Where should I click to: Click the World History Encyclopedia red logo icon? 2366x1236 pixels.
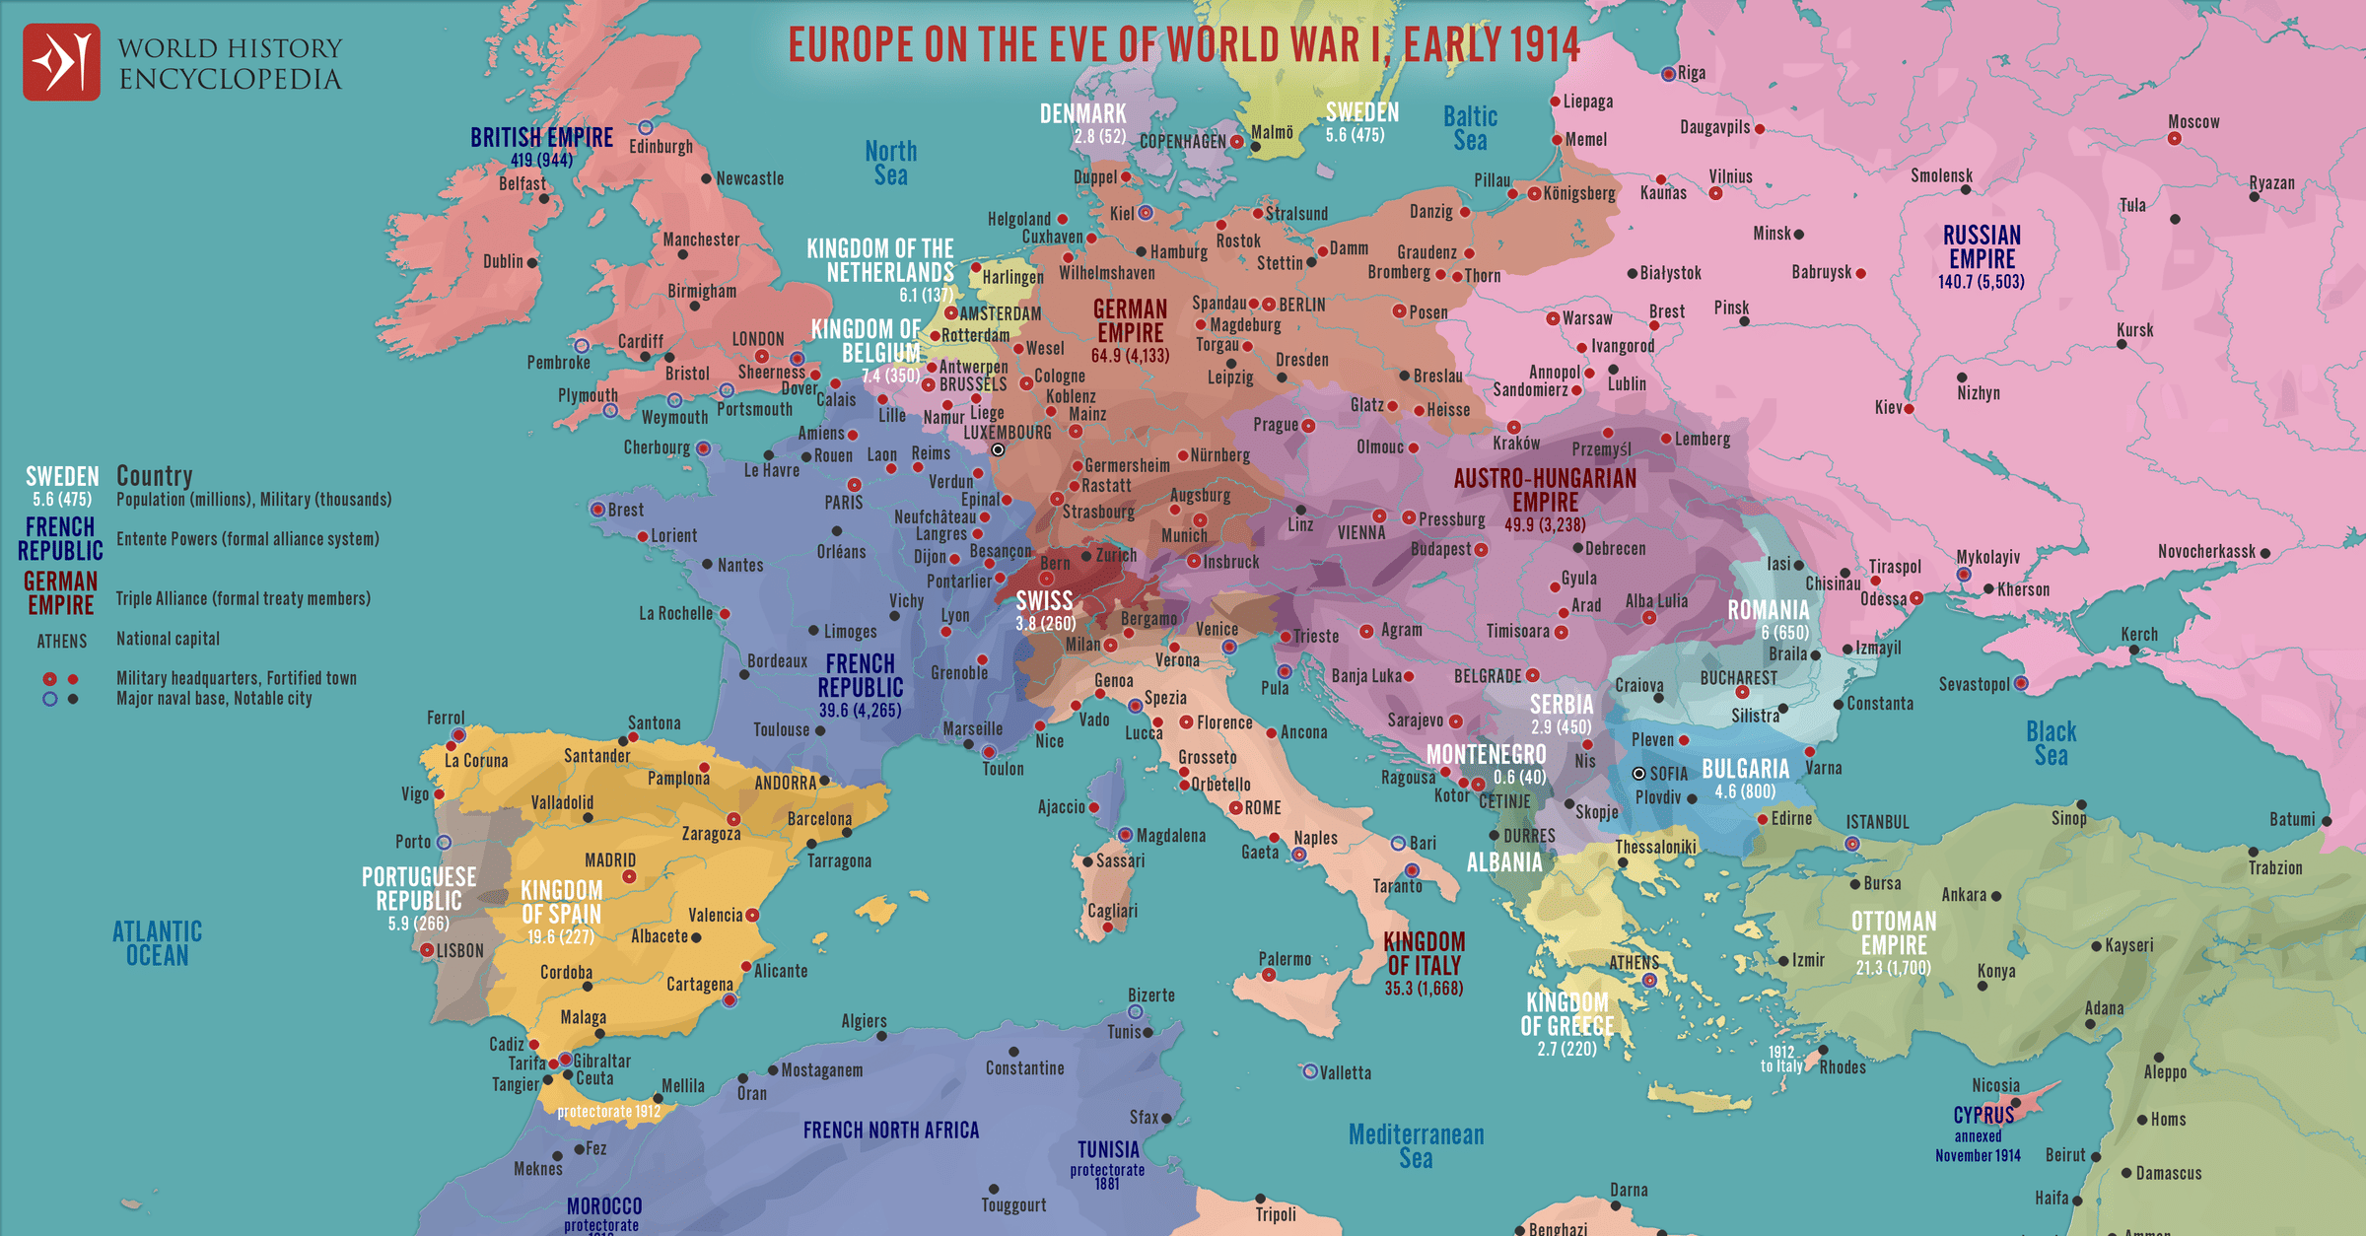61,62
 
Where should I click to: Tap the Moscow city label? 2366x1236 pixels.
2192,122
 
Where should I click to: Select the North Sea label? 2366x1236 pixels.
890,164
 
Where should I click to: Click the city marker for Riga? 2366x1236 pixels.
1668,74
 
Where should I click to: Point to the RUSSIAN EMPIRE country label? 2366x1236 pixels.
1982,247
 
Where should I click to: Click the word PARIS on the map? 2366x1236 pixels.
843,503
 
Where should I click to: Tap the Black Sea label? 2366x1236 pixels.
2051,744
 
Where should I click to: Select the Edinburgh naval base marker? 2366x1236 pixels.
646,128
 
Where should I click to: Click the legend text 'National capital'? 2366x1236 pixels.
168,639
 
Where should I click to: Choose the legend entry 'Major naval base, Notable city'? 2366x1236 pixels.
214,699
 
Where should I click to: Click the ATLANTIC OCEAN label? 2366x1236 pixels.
157,943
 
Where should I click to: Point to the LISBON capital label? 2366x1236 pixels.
459,951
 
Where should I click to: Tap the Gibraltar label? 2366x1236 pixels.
601,1062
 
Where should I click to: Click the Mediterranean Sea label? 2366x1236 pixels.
1416,1146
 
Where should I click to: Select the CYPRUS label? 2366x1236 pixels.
1983,1115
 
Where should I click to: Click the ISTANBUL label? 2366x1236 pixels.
1877,822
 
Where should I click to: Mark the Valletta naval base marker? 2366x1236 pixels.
1310,1071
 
